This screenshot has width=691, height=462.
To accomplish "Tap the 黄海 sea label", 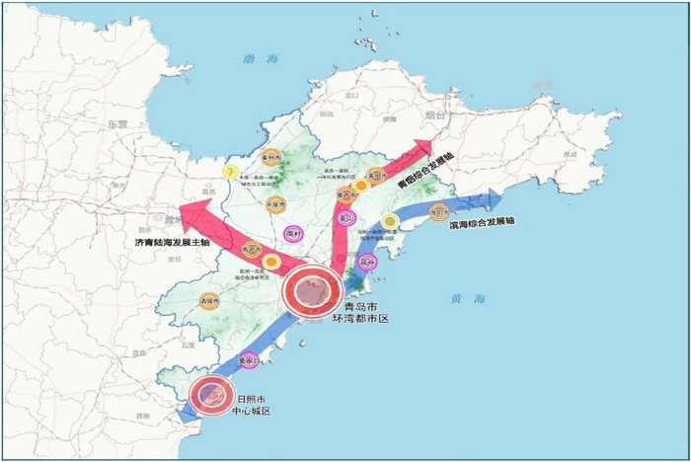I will coord(466,298).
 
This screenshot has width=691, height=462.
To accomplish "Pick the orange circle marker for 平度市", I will coord(275,205).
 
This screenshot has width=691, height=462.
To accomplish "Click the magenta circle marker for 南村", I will coord(293,234).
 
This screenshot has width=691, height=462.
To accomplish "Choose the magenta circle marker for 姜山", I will coord(345,218).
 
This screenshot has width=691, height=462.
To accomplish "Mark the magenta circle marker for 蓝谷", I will coord(367,263).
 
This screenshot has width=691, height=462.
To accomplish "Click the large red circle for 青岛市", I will coord(312,290).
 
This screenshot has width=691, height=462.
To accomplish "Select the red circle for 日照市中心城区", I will coord(211,396).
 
